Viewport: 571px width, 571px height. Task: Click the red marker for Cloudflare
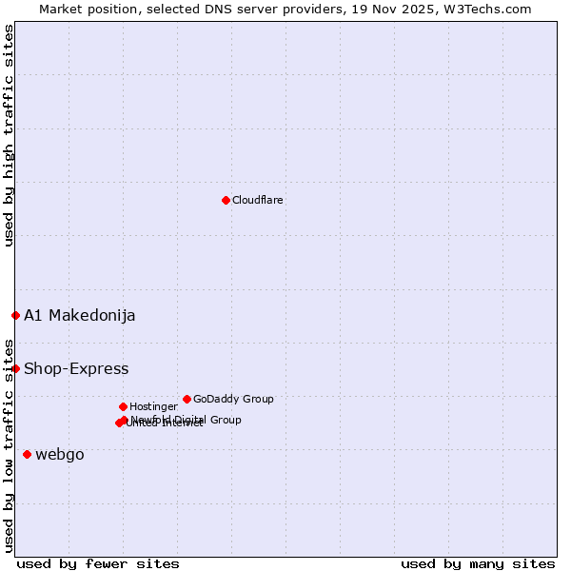tap(226, 200)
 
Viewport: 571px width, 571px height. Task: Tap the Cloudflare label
tap(257, 200)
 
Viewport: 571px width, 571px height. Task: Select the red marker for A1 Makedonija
tap(15, 315)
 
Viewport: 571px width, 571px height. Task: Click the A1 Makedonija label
tap(79, 315)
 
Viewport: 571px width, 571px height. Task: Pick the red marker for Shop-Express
tap(15, 368)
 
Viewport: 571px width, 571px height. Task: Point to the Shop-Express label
tap(76, 368)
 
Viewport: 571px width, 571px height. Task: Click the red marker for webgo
tap(27, 454)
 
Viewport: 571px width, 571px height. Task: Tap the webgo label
tap(59, 454)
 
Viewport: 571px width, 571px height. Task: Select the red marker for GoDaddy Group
tap(187, 399)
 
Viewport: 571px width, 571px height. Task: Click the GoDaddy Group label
tap(233, 399)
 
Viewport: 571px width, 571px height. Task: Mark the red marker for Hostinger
tap(123, 406)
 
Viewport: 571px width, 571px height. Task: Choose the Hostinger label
tap(153, 406)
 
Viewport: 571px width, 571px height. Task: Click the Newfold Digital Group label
tap(187, 419)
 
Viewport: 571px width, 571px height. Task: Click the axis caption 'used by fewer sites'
tap(98, 563)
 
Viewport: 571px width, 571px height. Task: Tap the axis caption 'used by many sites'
tap(478, 563)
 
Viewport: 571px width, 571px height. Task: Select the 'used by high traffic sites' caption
tap(10, 135)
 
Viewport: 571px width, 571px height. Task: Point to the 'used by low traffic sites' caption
tap(10, 444)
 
